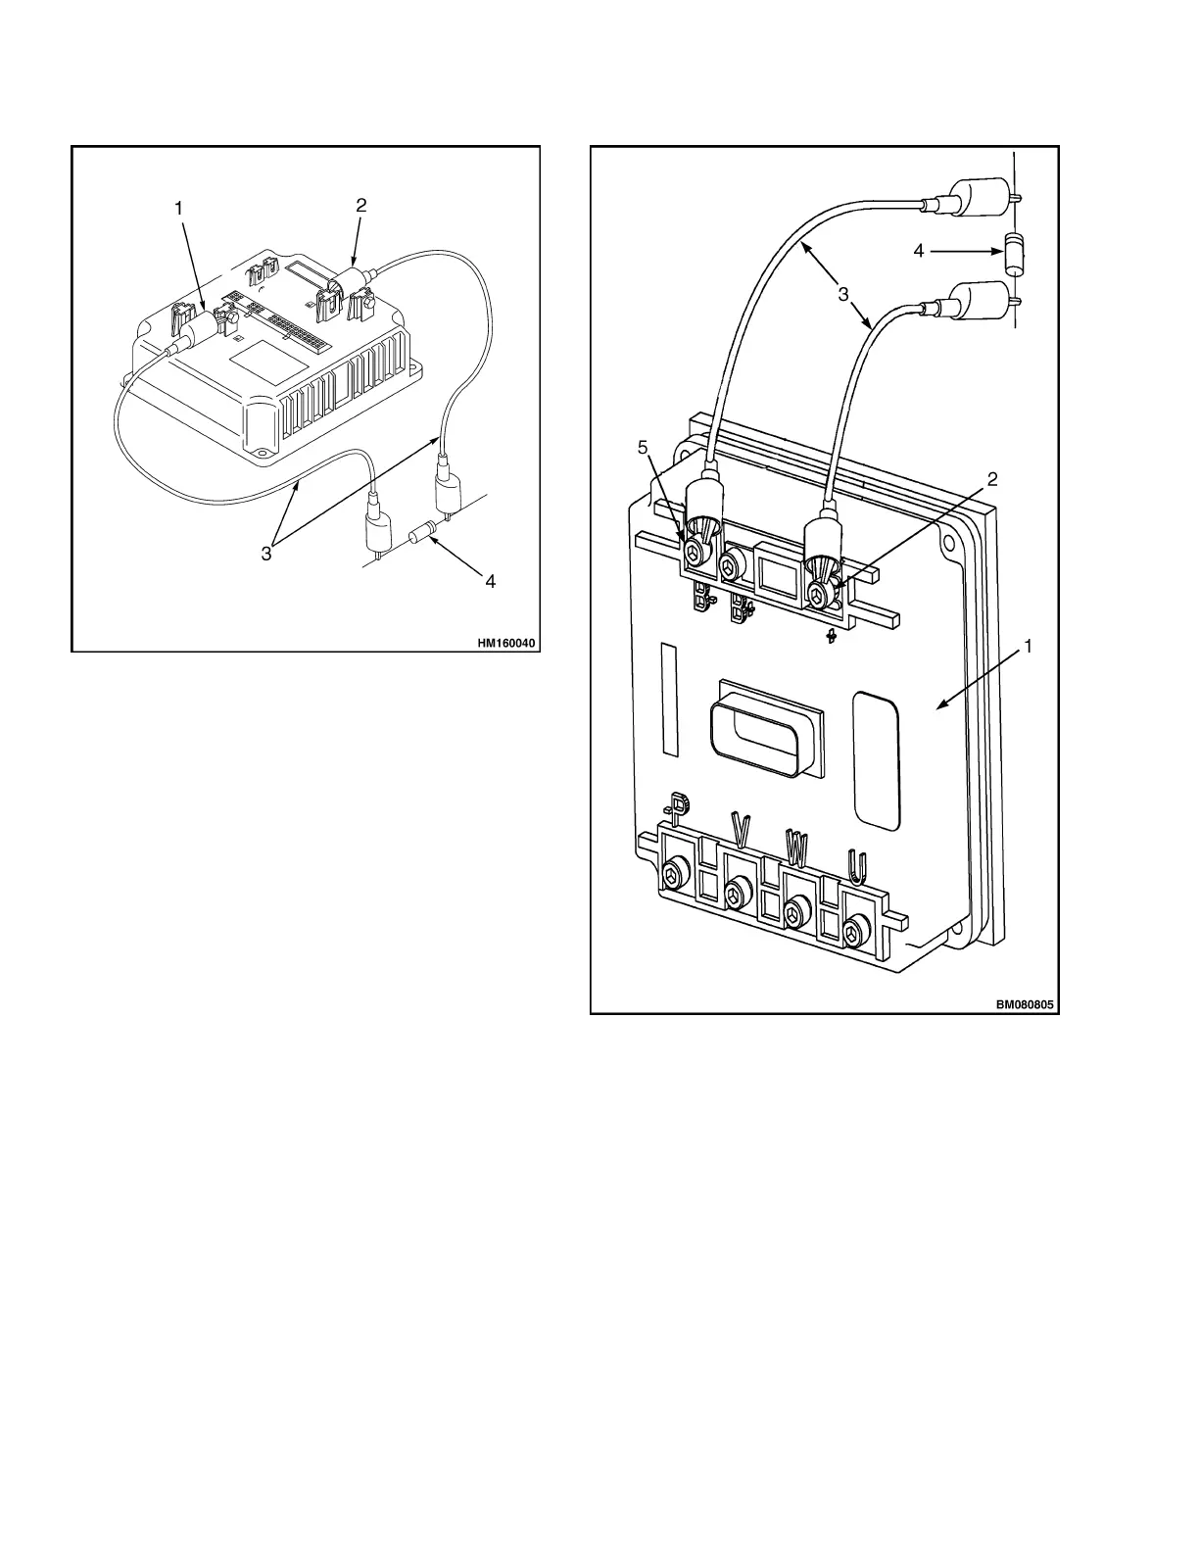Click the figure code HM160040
click(507, 644)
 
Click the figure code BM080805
click(1027, 1005)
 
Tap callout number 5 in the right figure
click(643, 448)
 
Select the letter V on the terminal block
click(741, 830)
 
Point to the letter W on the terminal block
click(795, 849)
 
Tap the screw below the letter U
click(857, 926)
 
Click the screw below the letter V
click(737, 893)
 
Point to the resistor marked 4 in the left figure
click(421, 535)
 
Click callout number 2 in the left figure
click(361, 206)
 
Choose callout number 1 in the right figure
click(1029, 647)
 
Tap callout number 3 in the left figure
click(266, 555)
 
